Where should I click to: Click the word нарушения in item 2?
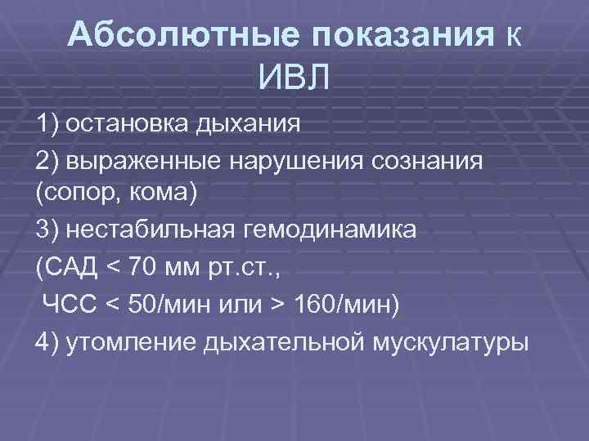pyautogui.click(x=282, y=160)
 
